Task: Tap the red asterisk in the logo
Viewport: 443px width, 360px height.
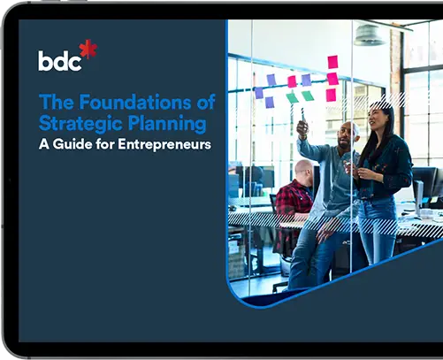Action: point(88,50)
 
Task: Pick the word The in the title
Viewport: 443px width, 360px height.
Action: point(55,103)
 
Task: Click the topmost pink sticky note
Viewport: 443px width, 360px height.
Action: point(332,61)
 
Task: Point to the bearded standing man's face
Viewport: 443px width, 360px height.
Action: point(349,133)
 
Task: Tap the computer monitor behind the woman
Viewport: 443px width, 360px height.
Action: point(427,181)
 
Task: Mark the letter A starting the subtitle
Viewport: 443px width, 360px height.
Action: point(44,143)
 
